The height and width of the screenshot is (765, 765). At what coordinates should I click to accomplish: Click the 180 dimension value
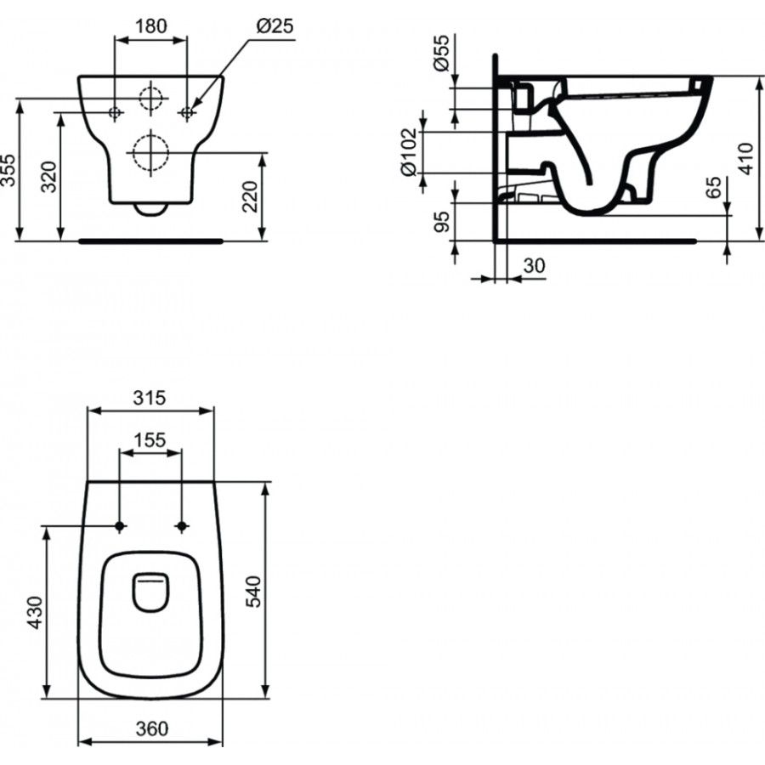coord(150,25)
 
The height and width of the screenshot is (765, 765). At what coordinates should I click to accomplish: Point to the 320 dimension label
coord(52,177)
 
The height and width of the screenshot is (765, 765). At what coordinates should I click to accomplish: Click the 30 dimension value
coord(534,266)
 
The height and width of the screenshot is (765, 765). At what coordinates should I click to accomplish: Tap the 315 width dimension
coord(150,397)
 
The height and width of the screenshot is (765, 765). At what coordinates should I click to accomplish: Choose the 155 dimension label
coord(150,439)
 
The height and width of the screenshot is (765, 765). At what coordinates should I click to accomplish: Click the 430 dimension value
coord(35,612)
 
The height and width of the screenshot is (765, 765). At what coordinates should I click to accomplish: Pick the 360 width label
coord(150,728)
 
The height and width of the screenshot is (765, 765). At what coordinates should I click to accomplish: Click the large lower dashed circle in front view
coord(150,153)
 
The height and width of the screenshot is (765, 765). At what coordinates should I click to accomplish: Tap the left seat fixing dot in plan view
coord(120,526)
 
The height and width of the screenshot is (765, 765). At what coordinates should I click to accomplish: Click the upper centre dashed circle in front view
coord(150,99)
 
